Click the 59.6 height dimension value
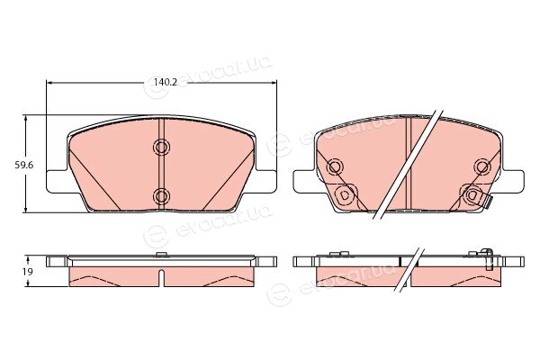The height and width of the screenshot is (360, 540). click(x=23, y=165)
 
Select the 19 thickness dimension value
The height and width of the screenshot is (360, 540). click(x=27, y=272)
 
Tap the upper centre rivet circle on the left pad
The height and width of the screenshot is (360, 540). click(x=161, y=147)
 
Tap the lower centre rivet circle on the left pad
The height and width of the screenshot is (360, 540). click(x=161, y=196)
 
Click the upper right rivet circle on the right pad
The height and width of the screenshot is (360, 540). click(x=482, y=167)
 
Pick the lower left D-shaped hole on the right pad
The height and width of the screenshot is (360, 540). click(x=345, y=195)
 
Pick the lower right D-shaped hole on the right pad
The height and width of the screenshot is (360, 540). click(x=472, y=195)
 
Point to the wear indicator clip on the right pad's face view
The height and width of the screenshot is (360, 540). click(x=488, y=202)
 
